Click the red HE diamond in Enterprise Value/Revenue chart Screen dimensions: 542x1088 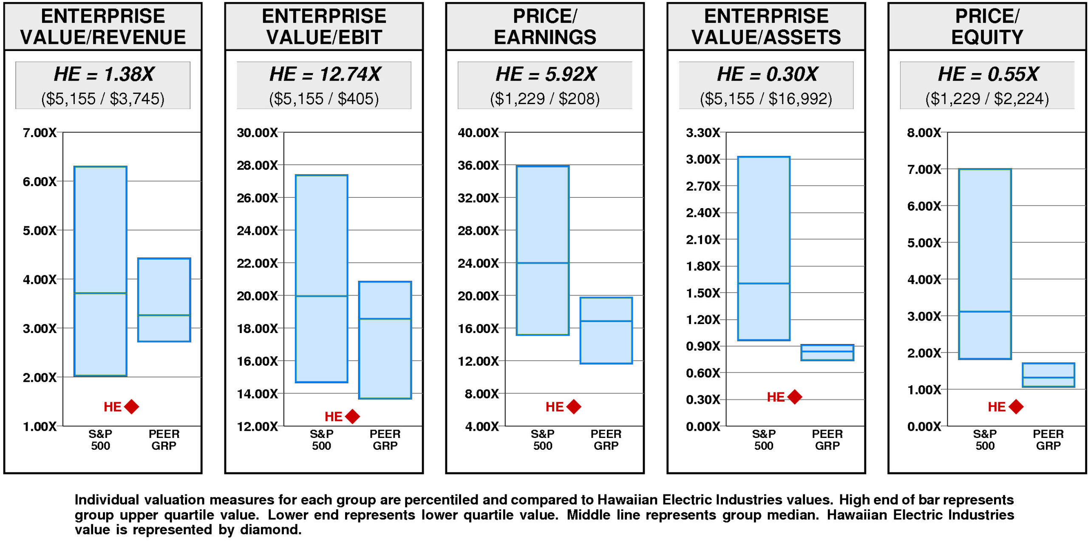pyautogui.click(x=132, y=406)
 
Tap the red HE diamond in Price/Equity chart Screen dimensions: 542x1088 pyautogui.click(x=1016, y=406)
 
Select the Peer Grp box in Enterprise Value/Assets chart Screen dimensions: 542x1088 pyautogui.click(x=827, y=353)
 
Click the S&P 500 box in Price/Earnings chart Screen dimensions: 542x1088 pyautogui.click(x=543, y=250)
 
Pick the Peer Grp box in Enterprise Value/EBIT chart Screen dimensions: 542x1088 pyautogui.click(x=385, y=340)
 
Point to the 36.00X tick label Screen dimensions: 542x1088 pyautogui.click(x=478, y=165)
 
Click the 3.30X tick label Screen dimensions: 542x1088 pyautogui.click(x=703, y=133)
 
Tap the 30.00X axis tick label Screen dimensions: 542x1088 pyautogui.click(x=257, y=133)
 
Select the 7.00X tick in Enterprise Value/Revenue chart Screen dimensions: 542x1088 pyautogui.click(x=40, y=133)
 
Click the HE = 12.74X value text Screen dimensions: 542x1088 pyautogui.click(x=325, y=74)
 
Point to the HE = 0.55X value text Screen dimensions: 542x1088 pyautogui.click(x=988, y=74)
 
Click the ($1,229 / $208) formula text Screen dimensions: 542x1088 pyautogui.click(x=545, y=99)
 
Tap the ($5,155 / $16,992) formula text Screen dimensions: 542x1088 pyautogui.click(x=766, y=99)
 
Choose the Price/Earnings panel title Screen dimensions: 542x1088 pyautogui.click(x=545, y=26)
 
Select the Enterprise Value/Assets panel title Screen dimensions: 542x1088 pyautogui.click(x=766, y=26)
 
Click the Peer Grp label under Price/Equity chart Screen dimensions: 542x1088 pyautogui.click(x=1048, y=440)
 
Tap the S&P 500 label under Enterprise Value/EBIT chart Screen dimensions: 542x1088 pyautogui.click(x=321, y=440)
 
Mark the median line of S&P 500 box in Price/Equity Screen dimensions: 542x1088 pyautogui.click(x=985, y=312)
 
